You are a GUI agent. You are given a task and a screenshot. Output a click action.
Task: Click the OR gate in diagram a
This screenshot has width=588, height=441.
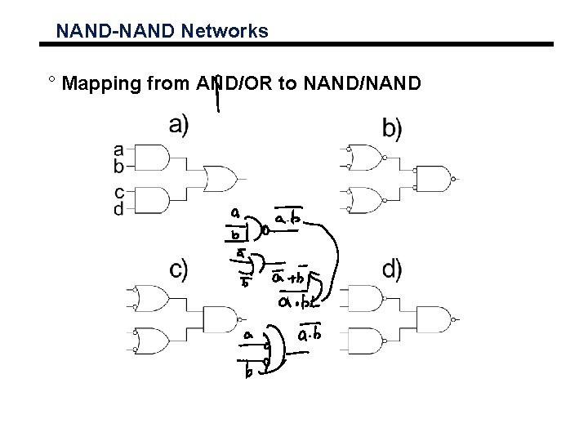pos(220,177)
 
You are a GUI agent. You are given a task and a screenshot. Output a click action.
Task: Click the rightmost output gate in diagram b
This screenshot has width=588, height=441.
pos(434,178)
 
